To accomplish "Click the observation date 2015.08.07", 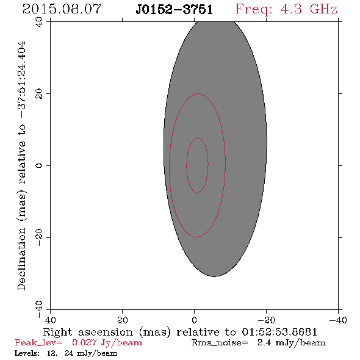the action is (62, 9).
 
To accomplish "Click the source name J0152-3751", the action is (175, 10).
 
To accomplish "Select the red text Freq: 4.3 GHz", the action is (286, 9).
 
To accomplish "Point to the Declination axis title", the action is (21, 165).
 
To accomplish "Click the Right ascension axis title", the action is (180, 332).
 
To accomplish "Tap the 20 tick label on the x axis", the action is (123, 320).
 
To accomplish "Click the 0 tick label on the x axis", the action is (195, 320).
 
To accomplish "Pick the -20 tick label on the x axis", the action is (266, 320).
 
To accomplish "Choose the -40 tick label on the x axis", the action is (338, 320).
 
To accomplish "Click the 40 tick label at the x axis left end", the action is (50, 320).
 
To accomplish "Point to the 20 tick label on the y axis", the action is (39, 94).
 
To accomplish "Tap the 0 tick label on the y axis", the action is (39, 165).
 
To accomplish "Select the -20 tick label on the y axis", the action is (39, 237).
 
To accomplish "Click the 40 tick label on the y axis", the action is (39, 22).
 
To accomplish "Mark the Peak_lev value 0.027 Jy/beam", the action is (107, 342).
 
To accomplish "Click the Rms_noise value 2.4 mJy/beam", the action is (292, 342).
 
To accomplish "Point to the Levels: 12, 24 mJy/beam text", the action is (66, 353).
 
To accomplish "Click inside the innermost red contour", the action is (197, 165).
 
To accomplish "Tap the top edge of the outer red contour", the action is (198, 94).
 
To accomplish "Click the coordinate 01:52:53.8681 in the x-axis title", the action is (279, 332).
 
